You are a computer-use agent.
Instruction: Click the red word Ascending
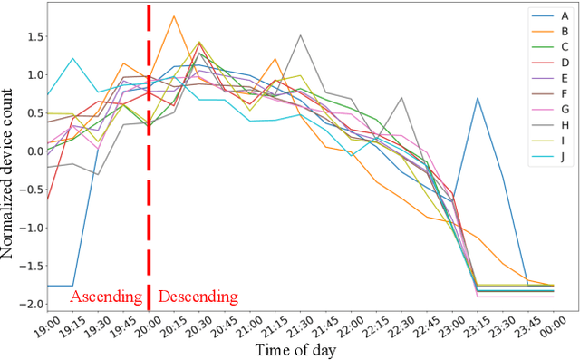[x=106, y=297]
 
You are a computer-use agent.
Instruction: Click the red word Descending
[x=198, y=297]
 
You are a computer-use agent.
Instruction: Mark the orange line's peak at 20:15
[x=174, y=16]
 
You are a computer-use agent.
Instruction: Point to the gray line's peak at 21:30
[x=300, y=35]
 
